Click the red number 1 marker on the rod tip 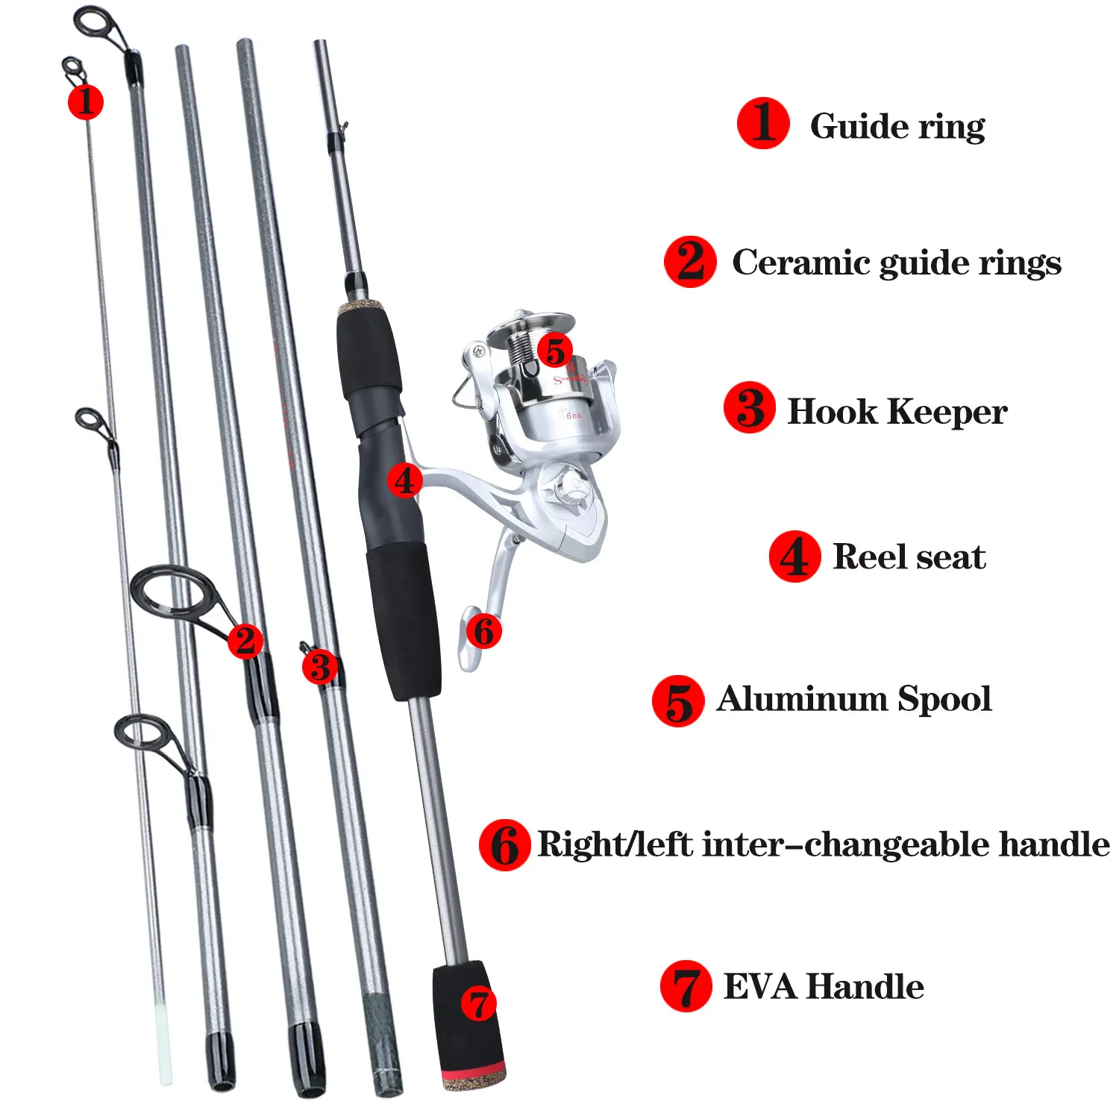[x=85, y=101]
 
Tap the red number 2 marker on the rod [x=245, y=641]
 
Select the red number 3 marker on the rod [x=320, y=667]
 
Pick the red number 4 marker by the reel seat [x=404, y=480]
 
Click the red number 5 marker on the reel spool [x=555, y=351]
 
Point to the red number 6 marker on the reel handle [x=483, y=631]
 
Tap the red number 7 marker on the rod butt [x=478, y=1003]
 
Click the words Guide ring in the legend [x=897, y=125]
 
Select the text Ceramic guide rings [x=896, y=263]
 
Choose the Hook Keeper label [x=897, y=412]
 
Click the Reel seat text [x=909, y=557]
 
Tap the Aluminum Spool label [x=853, y=699]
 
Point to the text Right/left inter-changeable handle [x=823, y=844]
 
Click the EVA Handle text [x=824, y=986]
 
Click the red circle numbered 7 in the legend [x=686, y=986]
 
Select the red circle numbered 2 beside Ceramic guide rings [x=690, y=262]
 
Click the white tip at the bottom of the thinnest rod [x=163, y=1044]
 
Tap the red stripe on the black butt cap [x=473, y=1074]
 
